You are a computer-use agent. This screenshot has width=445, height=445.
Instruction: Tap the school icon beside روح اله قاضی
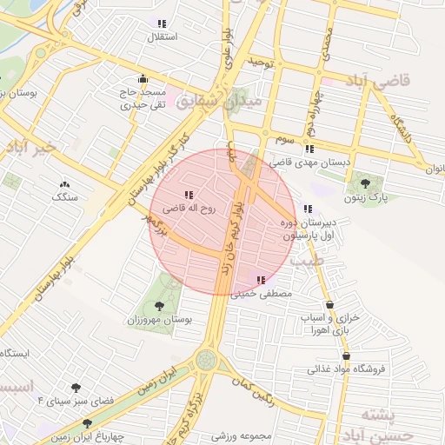click(x=189, y=195)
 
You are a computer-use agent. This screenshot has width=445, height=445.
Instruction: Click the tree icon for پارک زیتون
click(x=364, y=183)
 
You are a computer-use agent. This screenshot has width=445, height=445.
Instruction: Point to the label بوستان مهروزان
click(x=158, y=321)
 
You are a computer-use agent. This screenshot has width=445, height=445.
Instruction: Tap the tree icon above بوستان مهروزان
click(x=159, y=305)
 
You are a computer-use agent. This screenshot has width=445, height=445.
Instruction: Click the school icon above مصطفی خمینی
click(x=262, y=280)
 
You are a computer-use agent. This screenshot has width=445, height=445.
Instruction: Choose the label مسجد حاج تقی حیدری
click(x=143, y=97)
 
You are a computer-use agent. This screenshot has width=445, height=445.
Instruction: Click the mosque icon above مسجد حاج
click(x=143, y=78)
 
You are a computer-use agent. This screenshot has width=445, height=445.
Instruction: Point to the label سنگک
click(x=64, y=197)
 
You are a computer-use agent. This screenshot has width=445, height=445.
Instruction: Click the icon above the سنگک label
click(x=64, y=184)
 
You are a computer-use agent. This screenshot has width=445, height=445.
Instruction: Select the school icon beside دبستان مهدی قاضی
click(x=310, y=149)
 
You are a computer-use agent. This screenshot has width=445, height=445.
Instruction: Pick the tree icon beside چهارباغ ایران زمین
click(x=87, y=423)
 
